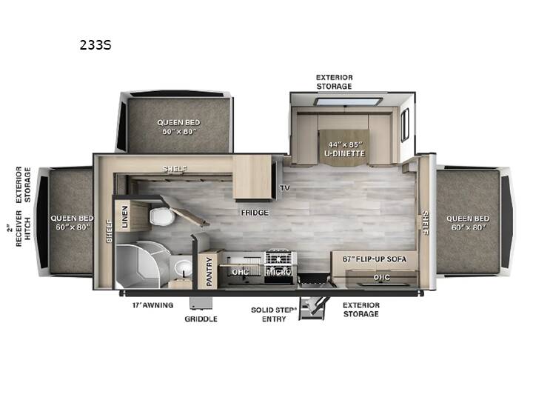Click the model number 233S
tap(95, 45)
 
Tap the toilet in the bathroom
tap(162, 216)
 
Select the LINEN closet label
tap(125, 216)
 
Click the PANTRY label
tap(209, 271)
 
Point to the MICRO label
tap(279, 272)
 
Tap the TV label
tap(285, 187)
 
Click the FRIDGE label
tap(255, 213)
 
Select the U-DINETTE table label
tap(345, 153)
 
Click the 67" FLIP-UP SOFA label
tap(375, 259)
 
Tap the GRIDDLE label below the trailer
tap(201, 319)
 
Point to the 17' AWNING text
tap(153, 305)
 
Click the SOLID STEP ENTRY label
tap(274, 315)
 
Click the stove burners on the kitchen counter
tap(279, 259)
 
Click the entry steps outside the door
tap(313, 308)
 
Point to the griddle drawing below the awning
tap(201, 302)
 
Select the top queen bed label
tap(179, 127)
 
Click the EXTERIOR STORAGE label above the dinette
tap(334, 82)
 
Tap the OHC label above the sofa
tap(382, 278)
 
